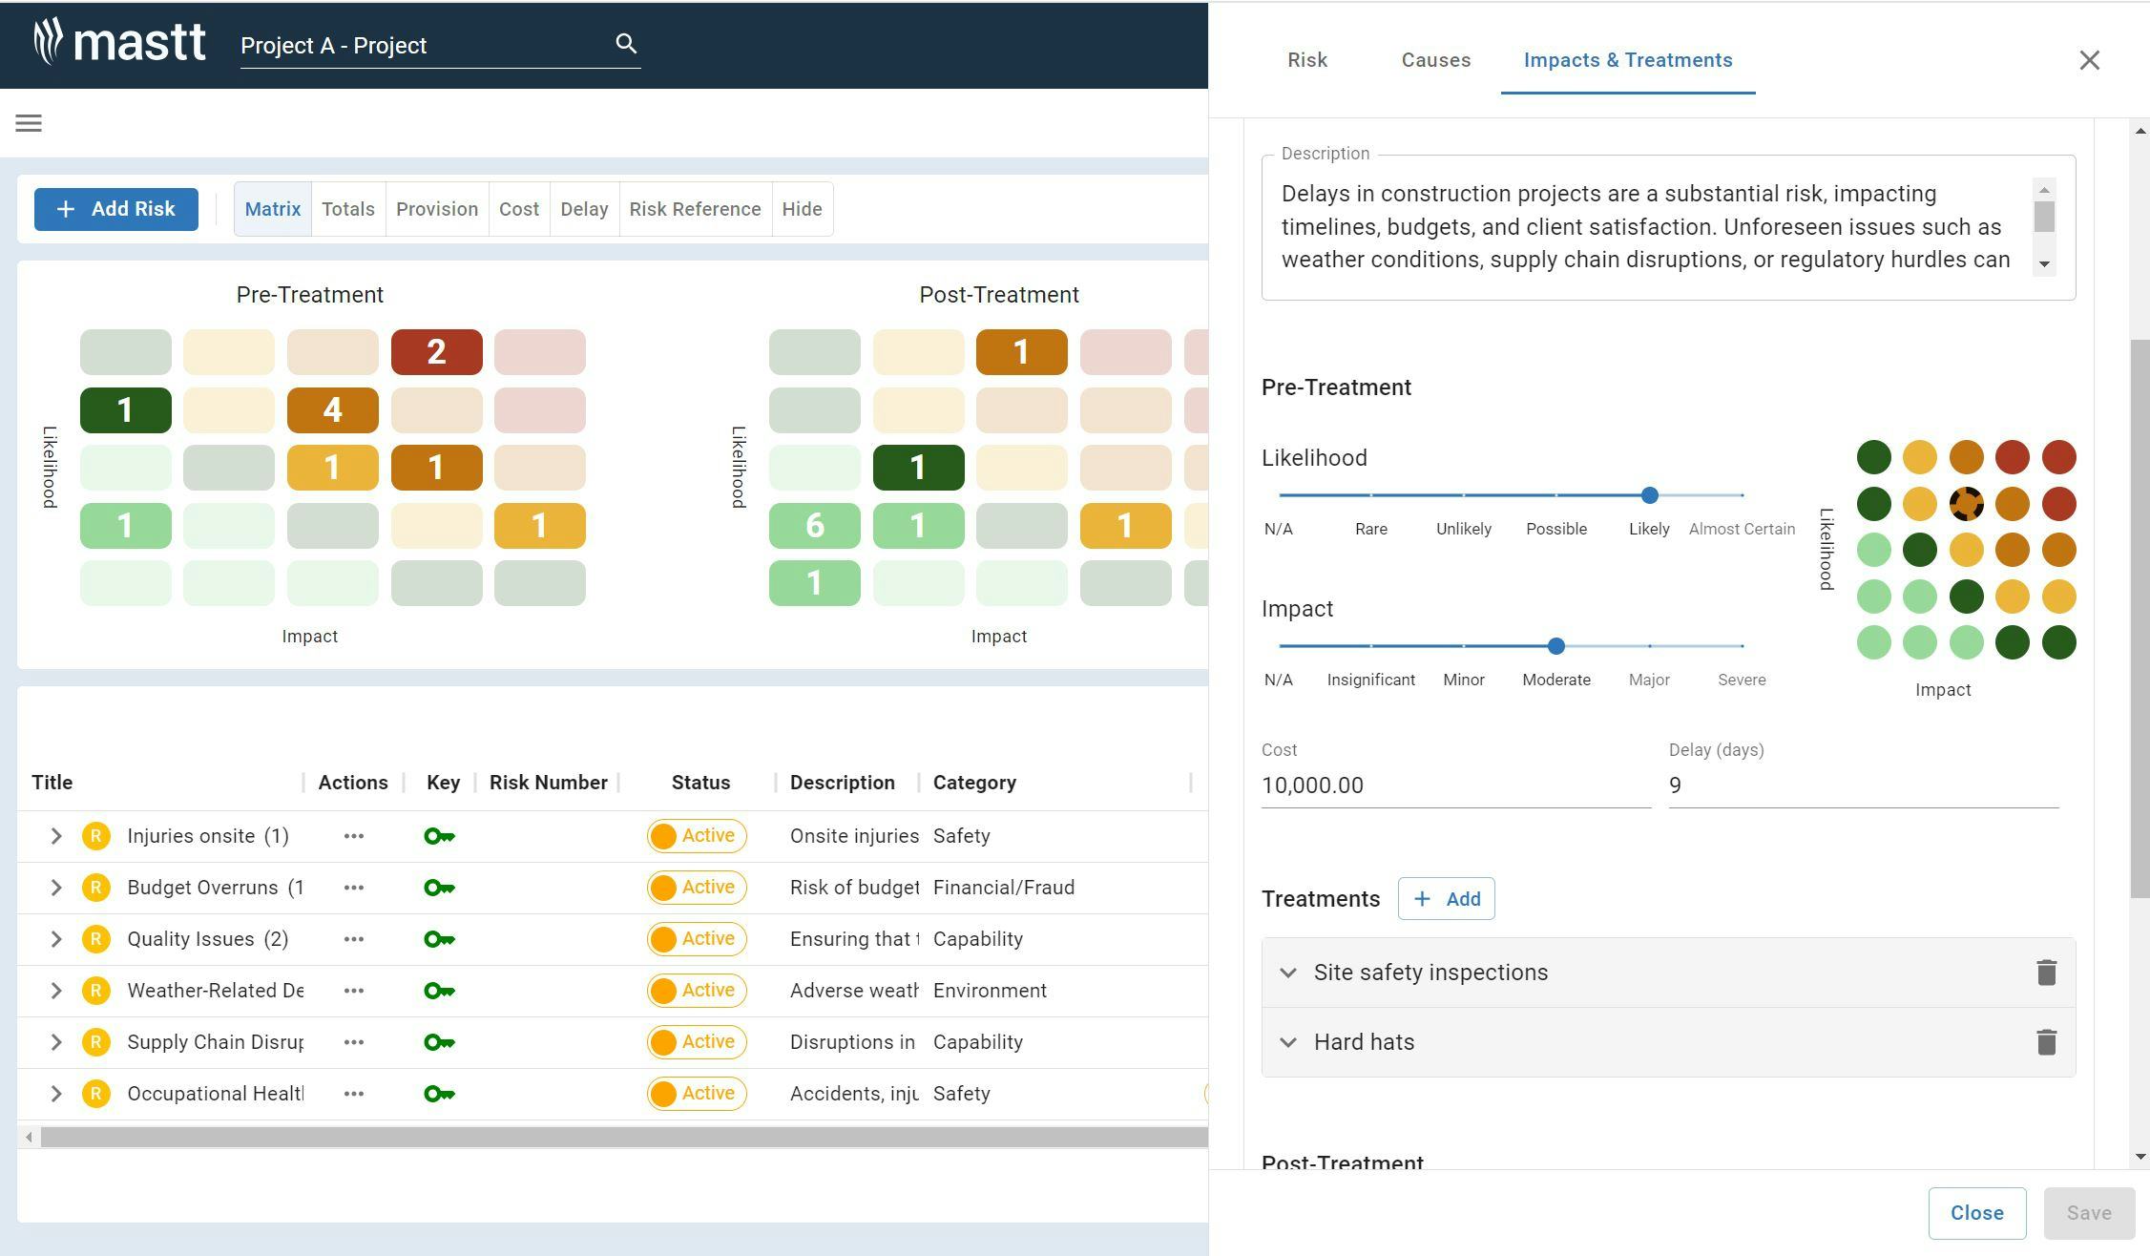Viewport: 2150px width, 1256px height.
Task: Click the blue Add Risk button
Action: point(116,209)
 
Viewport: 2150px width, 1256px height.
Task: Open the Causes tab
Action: point(1435,60)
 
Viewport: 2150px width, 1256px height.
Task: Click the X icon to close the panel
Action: point(2089,60)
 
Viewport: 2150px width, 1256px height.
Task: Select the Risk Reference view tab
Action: point(695,209)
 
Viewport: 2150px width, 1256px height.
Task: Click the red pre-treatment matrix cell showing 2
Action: point(436,352)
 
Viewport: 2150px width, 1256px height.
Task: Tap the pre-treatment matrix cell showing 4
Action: point(332,410)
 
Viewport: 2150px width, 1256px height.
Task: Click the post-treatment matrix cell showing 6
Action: point(814,526)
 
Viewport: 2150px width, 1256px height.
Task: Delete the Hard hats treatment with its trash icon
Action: point(2045,1042)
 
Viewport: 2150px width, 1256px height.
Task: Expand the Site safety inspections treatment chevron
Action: point(1288,973)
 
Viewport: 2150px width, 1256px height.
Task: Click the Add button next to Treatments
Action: point(1446,899)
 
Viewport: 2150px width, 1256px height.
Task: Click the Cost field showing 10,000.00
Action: point(1454,785)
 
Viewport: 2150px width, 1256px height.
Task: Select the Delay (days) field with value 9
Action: point(1861,785)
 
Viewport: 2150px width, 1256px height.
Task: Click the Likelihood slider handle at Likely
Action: point(1649,495)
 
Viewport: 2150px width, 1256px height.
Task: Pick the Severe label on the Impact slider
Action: point(1741,680)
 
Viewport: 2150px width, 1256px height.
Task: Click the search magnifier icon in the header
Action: point(626,44)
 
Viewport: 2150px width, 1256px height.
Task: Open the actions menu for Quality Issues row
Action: point(353,939)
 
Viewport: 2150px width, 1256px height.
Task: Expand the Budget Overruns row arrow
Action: point(56,888)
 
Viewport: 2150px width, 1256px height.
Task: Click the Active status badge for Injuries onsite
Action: point(697,836)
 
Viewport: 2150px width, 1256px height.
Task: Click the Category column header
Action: point(973,783)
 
